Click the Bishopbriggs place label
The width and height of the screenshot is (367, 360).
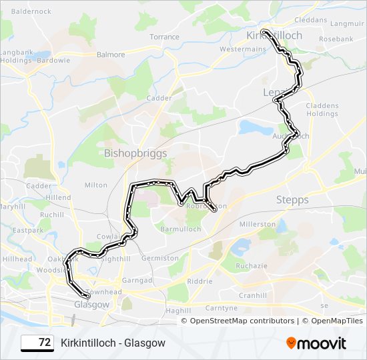[x=135, y=153]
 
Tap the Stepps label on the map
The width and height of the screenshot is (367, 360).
[x=292, y=199]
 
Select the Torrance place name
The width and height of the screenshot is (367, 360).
[x=164, y=37]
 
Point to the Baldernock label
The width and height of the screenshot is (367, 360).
[x=31, y=11]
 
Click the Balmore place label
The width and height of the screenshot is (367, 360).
[x=111, y=55]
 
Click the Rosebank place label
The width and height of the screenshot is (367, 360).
[x=336, y=39]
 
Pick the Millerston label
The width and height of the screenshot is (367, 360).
[x=257, y=224]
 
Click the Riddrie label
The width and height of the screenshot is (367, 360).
[x=200, y=281]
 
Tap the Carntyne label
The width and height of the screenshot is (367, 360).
[x=221, y=308]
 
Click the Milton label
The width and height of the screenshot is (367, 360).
[x=96, y=185]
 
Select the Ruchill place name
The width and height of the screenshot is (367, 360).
[x=52, y=215]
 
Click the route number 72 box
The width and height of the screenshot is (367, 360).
[x=38, y=343]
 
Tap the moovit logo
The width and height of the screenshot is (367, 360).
[x=316, y=343]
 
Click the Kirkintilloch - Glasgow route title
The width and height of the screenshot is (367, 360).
[x=113, y=343]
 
